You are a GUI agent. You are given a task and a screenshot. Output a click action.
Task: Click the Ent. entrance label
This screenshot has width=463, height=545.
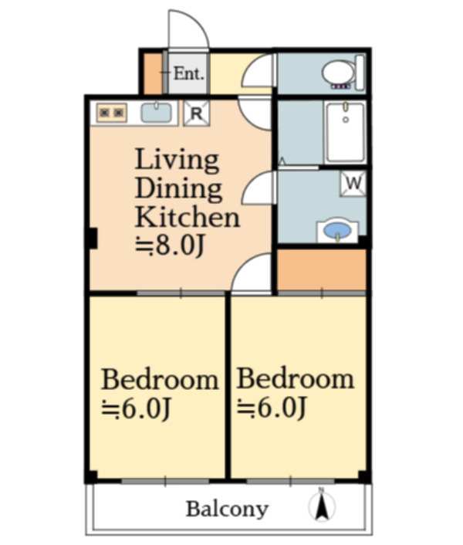pos(188,73)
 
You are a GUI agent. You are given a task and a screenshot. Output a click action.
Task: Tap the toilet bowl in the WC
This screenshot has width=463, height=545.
pos(338,73)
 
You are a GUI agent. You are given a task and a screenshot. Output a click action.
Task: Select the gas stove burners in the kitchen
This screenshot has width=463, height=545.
pos(111,112)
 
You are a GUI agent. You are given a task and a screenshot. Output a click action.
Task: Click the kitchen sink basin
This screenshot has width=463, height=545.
pos(157,112)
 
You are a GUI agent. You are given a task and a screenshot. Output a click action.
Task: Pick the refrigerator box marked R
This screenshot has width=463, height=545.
pos(196,113)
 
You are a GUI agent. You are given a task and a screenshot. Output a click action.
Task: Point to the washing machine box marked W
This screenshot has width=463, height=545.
pos(353,183)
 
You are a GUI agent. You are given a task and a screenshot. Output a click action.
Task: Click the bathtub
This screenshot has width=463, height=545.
pos(345,132)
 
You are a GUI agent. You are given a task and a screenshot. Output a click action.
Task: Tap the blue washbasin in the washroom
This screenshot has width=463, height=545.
pos(337,230)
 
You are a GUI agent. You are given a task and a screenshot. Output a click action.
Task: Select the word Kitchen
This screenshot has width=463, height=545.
pos(188,217)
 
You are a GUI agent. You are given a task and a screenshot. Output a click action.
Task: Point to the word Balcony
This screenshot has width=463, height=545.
pos(227,509)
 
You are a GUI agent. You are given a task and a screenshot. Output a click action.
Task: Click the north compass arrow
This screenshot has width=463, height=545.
pos(322,506)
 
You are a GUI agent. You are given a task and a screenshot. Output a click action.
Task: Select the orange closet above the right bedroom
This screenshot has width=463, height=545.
pos(321,269)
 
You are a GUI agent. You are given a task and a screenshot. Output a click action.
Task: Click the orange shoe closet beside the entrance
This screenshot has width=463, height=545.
pos(153,73)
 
